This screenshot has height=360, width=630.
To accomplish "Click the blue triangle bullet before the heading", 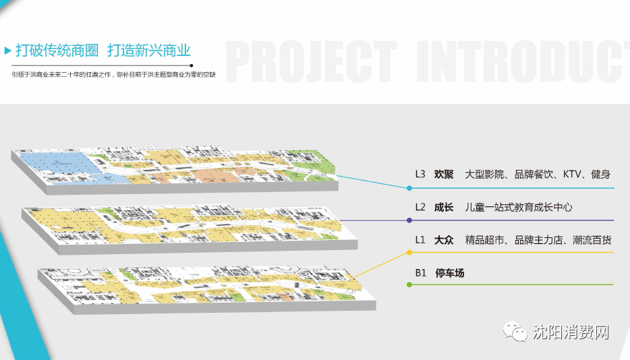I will pyautogui.click(x=7, y=51).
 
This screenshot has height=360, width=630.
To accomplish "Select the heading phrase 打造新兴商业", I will pyautogui.click(x=149, y=51).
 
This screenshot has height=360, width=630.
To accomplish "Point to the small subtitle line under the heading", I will pyautogui.click(x=113, y=74).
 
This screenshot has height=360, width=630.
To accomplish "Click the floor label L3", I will pyautogui.click(x=420, y=174).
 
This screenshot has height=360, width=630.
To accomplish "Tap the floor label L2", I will pyautogui.click(x=420, y=207).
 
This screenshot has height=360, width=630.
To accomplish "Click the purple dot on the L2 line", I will pyautogui.click(x=409, y=220).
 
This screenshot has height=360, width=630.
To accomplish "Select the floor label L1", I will pyautogui.click(x=420, y=240).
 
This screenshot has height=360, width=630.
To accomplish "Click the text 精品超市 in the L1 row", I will pyautogui.click(x=486, y=240).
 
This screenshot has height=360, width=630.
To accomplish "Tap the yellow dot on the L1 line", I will pyautogui.click(x=409, y=253).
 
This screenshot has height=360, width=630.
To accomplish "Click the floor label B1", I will pyautogui.click(x=420, y=273).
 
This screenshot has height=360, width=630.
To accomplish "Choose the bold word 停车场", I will pyautogui.click(x=450, y=273).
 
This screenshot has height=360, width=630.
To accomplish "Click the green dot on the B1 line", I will pyautogui.click(x=409, y=285).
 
